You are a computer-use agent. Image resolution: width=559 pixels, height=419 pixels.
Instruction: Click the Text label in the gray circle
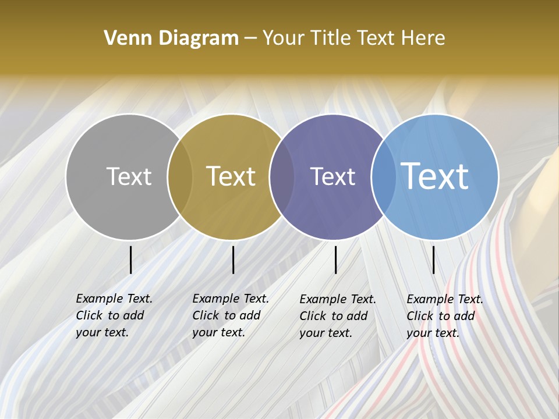(x=129, y=176)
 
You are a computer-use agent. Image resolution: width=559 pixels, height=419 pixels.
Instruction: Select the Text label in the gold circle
(x=231, y=176)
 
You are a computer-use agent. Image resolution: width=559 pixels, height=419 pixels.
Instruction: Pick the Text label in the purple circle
(x=332, y=176)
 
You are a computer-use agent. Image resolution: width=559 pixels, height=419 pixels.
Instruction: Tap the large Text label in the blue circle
(x=434, y=176)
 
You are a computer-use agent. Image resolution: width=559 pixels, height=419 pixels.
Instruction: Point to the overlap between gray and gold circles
(x=180, y=176)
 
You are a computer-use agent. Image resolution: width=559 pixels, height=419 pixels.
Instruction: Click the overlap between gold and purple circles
(x=282, y=176)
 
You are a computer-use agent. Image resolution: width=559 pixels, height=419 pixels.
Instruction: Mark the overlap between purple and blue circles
(x=383, y=176)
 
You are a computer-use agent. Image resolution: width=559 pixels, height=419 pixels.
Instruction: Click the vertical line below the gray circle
(x=130, y=260)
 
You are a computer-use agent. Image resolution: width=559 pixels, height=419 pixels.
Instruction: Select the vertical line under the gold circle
(x=233, y=260)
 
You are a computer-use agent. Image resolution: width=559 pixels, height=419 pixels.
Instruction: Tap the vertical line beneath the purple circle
(x=335, y=260)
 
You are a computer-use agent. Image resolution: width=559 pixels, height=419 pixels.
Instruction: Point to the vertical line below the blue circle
(x=433, y=260)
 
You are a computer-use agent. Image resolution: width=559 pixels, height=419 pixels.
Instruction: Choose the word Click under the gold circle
(x=206, y=315)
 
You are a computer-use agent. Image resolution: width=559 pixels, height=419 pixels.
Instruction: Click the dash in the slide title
(x=250, y=39)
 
